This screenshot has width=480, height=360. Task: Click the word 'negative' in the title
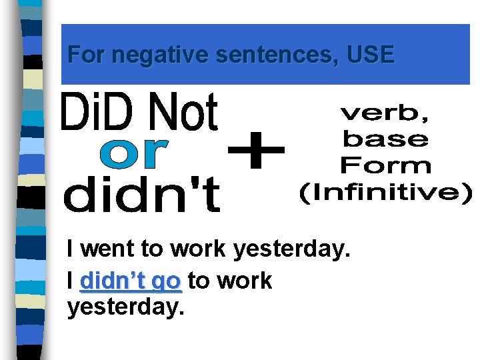(x=160, y=54)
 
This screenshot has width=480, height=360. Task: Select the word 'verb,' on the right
(x=385, y=114)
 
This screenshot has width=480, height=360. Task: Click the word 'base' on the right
(x=385, y=139)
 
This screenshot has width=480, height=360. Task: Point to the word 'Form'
(x=385, y=165)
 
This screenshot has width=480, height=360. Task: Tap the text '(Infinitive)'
(x=385, y=193)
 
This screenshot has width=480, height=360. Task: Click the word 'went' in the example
(x=109, y=249)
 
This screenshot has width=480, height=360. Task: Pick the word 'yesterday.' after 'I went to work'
(x=291, y=250)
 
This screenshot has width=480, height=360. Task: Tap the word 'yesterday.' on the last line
(x=125, y=308)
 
